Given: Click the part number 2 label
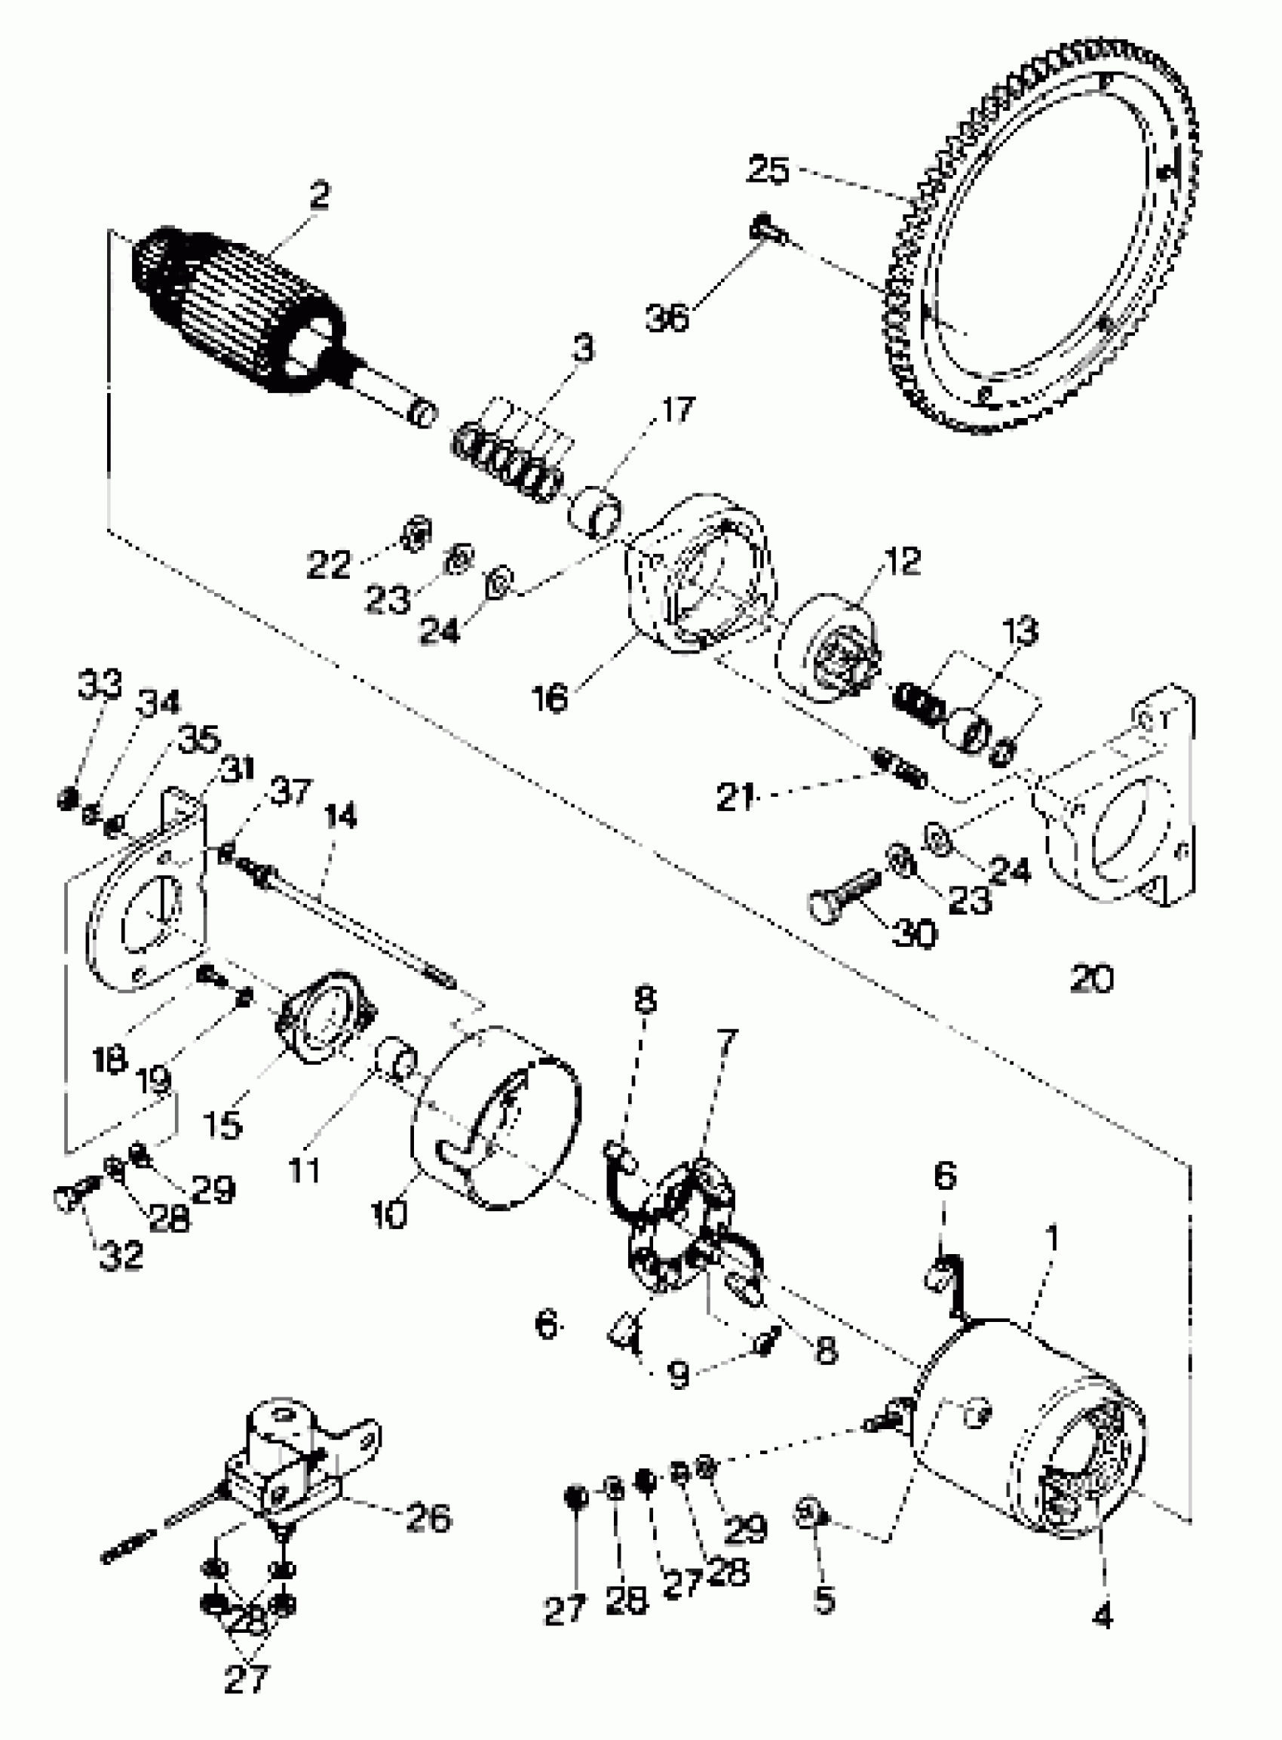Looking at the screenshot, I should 319,195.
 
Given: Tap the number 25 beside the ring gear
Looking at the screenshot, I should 768,169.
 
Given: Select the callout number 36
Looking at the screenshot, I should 667,317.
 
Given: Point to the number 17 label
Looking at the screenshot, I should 677,409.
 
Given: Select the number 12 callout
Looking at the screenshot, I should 902,561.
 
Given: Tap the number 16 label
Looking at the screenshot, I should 550,698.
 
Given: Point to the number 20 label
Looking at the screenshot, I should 1091,979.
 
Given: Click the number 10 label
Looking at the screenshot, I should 389,1215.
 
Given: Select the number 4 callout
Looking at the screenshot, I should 1102,1615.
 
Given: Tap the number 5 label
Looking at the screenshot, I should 824,1600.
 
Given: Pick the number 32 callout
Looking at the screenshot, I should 122,1256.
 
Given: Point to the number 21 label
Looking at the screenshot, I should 735,797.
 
